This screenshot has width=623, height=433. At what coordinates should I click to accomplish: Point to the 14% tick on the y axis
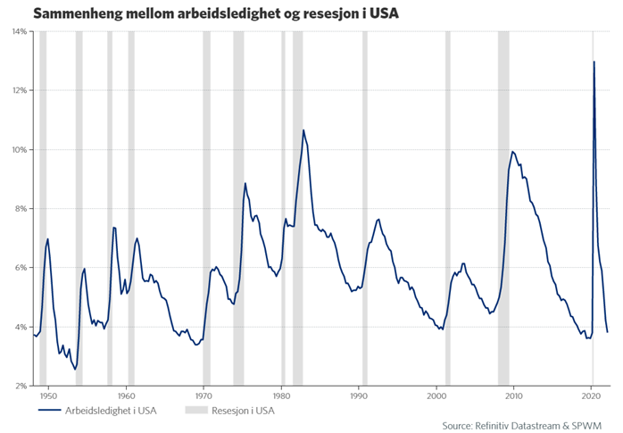[x=18, y=31]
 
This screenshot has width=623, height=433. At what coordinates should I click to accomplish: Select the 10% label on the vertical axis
[x=18, y=149]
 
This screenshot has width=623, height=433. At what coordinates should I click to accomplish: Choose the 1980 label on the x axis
[x=281, y=395]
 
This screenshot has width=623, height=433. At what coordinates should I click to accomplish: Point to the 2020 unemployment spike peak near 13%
[x=594, y=62]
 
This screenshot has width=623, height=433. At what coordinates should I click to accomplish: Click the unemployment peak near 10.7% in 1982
[x=303, y=130]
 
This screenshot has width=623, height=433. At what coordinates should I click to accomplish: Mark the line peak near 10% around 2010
[x=512, y=152]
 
